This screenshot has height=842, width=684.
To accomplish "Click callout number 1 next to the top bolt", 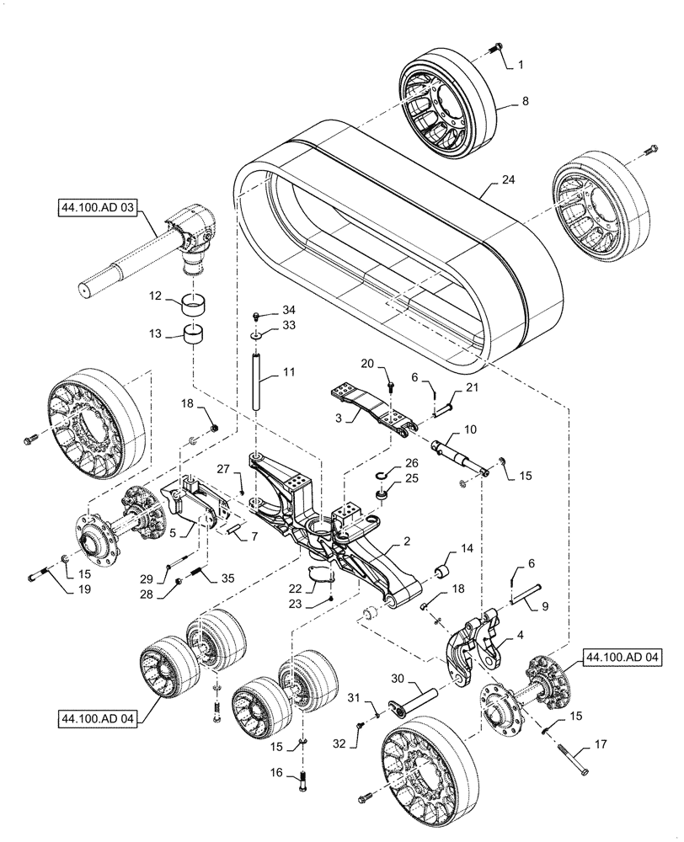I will tap(521, 64).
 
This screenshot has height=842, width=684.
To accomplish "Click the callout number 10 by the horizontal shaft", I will tap(469, 429).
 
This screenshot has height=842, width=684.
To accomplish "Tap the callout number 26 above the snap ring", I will tap(411, 463).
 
